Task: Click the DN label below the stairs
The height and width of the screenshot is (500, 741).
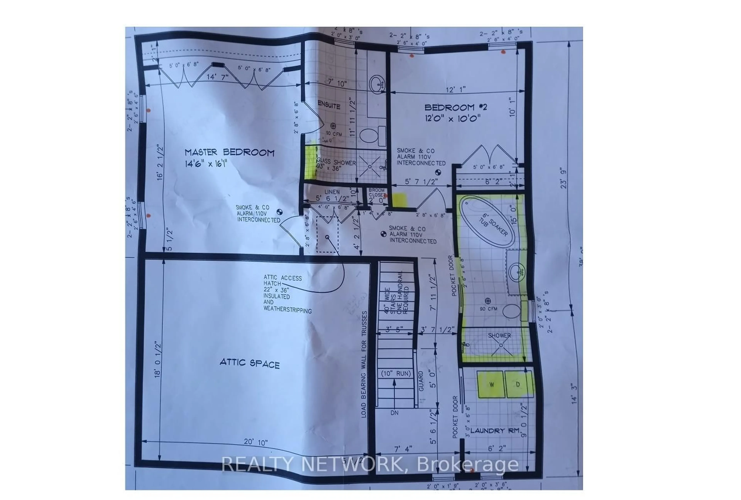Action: point(394,413)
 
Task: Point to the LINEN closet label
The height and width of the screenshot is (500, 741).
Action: point(332,192)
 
